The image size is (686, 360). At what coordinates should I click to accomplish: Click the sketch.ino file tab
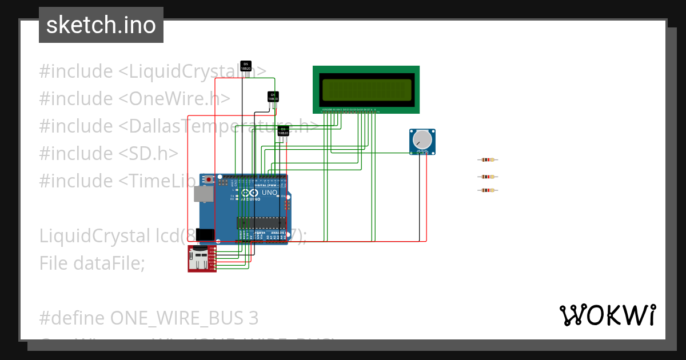click(x=101, y=25)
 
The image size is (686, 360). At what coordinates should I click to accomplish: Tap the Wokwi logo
click(x=607, y=315)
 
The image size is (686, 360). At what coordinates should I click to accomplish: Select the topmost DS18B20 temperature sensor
click(x=245, y=66)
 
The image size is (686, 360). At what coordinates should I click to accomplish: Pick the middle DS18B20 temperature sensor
click(x=273, y=97)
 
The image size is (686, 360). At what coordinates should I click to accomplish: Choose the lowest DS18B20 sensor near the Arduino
click(x=283, y=131)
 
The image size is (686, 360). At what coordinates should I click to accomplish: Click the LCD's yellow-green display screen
click(x=366, y=89)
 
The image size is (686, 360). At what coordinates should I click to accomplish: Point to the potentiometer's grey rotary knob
click(x=422, y=139)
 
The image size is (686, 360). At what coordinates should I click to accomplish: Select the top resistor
click(x=487, y=161)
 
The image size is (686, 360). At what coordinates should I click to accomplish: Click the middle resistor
click(x=487, y=177)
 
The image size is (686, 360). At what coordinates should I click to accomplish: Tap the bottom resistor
click(x=487, y=190)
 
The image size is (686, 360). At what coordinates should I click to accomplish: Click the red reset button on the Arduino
click(x=209, y=179)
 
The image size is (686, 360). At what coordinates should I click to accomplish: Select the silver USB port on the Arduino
click(x=202, y=194)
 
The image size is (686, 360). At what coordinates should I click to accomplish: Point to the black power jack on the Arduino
click(x=204, y=234)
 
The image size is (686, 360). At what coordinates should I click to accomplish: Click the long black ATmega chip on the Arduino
click(x=261, y=222)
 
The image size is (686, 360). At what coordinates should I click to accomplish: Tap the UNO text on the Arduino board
click(x=269, y=193)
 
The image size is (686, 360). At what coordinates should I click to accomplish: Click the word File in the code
click(x=54, y=263)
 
